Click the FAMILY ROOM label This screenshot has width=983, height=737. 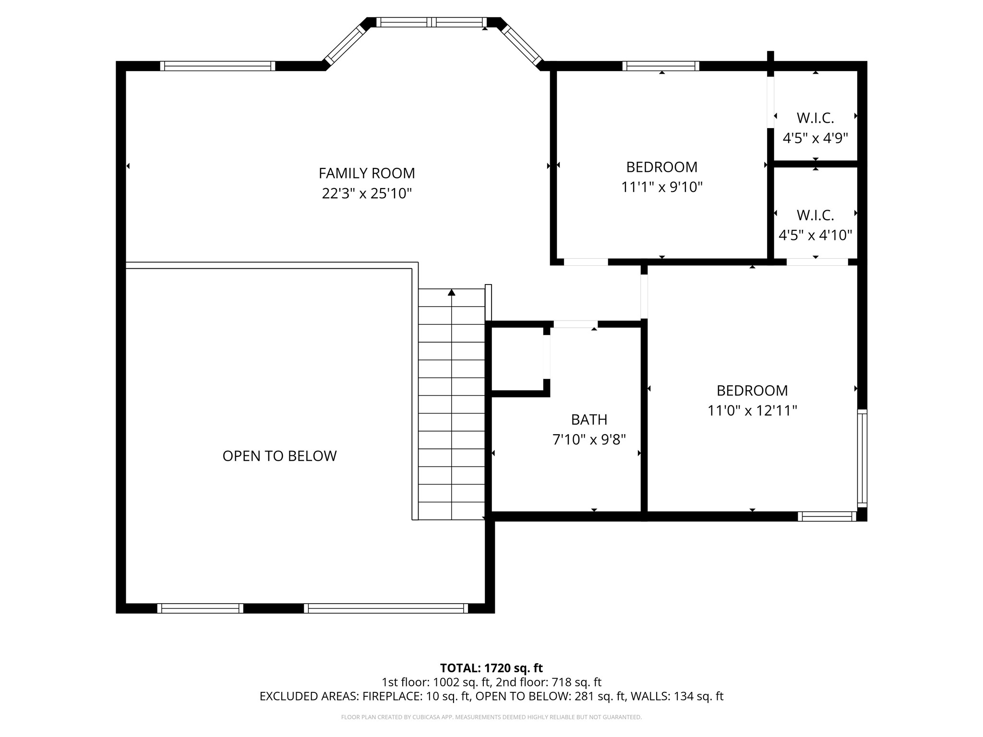pyautogui.click(x=367, y=173)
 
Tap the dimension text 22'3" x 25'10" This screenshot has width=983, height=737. pyautogui.click(x=367, y=194)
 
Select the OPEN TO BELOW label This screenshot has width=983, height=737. pyautogui.click(x=279, y=456)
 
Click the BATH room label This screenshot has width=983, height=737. pyautogui.click(x=589, y=420)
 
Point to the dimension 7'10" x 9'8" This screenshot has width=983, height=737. pyautogui.click(x=589, y=440)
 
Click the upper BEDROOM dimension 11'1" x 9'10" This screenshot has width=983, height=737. pyautogui.click(x=661, y=187)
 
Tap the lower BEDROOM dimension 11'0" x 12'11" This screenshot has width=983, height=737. pyautogui.click(x=752, y=411)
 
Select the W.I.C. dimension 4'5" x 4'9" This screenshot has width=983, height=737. pyautogui.click(x=815, y=139)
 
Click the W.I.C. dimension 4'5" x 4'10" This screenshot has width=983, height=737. pyautogui.click(x=815, y=236)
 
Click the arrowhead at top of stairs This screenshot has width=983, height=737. pyautogui.click(x=451, y=292)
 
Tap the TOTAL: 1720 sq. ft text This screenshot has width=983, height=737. pyautogui.click(x=491, y=668)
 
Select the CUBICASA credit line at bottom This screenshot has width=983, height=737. pyautogui.click(x=491, y=717)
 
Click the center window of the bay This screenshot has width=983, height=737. pyautogui.click(x=431, y=22)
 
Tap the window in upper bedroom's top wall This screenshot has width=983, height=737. pyautogui.click(x=661, y=66)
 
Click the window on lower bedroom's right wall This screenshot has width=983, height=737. pyautogui.click(x=862, y=458)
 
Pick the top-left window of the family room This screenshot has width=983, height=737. pyautogui.click(x=217, y=66)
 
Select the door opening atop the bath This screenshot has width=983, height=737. pyautogui.click(x=575, y=324)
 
